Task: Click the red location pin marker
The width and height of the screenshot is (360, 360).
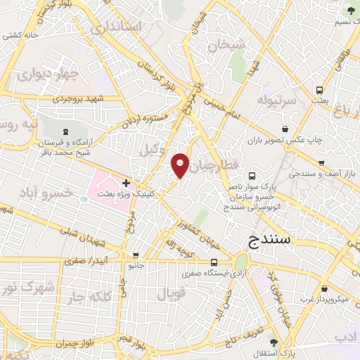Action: click(181, 165)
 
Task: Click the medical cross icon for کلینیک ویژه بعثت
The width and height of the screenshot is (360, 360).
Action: click(126, 183)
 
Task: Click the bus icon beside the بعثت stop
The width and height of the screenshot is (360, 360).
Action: click(319, 90)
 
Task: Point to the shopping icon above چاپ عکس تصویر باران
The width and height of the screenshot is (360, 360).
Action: click(285, 129)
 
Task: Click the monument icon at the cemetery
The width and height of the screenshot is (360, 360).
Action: click(65, 131)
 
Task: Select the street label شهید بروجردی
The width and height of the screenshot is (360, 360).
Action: click(80, 99)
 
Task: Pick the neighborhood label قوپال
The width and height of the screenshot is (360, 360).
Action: click(169, 295)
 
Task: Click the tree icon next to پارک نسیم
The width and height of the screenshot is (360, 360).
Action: click(351, 11)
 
